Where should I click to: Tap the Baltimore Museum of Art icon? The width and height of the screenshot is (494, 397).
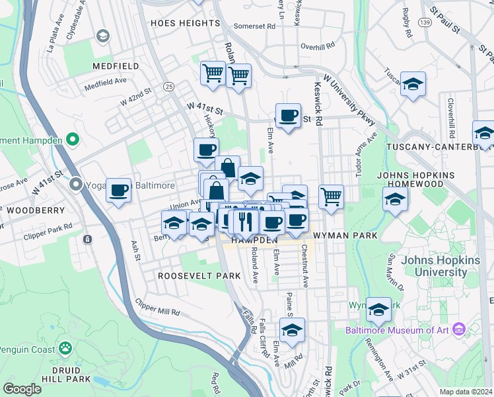coord(460,329)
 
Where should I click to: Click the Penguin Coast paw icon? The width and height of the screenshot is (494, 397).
coord(65,347)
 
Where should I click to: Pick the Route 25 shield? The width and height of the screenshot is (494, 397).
coord(169,87)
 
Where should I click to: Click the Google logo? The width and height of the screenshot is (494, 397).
coord(22,389)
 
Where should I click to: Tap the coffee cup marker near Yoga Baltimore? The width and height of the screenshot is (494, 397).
coord(119,191)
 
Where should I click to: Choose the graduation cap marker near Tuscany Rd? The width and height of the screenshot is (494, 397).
coord(413,84)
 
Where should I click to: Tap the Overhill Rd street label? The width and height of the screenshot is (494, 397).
coord(318,46)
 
